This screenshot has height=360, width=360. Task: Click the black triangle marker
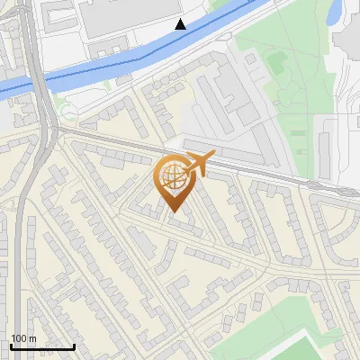pos(181,24)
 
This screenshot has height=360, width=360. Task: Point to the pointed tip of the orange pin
pos(174,213)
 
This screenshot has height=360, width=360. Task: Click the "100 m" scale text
pos(23,338)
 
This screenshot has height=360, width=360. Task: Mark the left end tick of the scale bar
pos(11,346)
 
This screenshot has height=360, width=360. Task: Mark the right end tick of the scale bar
pos(74,346)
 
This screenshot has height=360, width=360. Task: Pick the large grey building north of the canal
pos(126,18)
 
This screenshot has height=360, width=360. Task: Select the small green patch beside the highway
pos(66,111)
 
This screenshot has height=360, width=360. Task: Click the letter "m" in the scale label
pos(32,338)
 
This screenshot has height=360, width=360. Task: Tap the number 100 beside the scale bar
pos(19,338)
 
